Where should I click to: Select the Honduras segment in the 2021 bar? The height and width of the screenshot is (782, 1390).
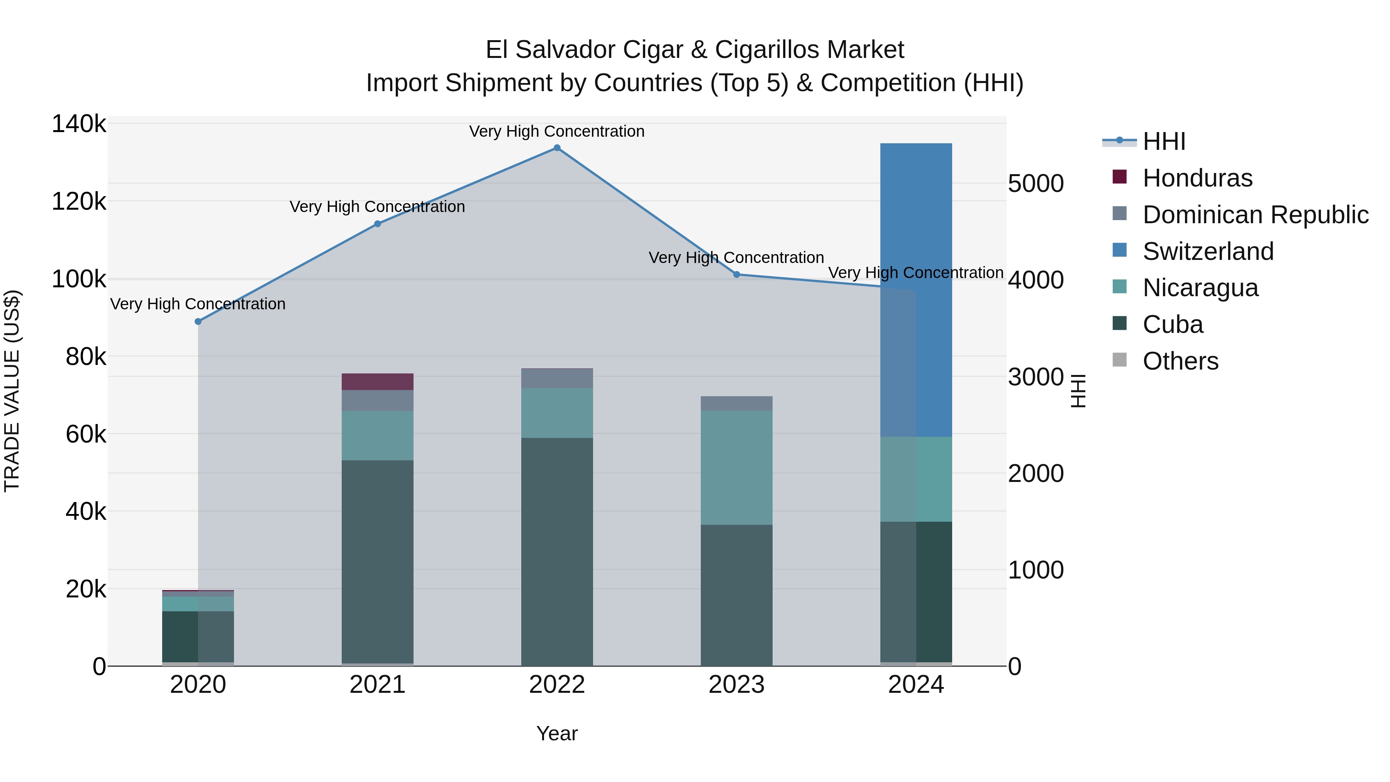click(x=377, y=382)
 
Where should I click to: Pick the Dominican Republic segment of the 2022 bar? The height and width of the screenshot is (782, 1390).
click(x=557, y=378)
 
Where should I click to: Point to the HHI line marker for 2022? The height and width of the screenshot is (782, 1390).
click(x=557, y=148)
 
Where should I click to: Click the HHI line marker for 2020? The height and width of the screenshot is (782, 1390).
click(x=198, y=322)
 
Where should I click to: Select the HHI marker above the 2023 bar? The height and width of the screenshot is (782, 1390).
click(x=737, y=275)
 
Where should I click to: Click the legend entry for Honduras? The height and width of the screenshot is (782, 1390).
click(x=1197, y=178)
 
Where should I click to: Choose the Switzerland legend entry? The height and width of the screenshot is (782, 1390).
click(x=1208, y=251)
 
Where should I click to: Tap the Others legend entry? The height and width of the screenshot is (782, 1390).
click(x=1180, y=361)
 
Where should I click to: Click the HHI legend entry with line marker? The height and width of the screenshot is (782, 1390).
click(x=1164, y=141)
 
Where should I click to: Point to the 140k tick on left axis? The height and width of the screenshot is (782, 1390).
click(x=79, y=124)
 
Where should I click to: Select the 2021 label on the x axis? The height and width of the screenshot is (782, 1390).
click(x=377, y=685)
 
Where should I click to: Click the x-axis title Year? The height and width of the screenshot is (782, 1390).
click(x=557, y=733)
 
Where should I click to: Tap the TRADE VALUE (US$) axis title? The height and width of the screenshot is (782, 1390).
click(x=12, y=391)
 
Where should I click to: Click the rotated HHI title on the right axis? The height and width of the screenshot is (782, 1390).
click(x=1078, y=391)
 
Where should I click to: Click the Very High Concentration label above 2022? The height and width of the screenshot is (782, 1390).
click(x=556, y=132)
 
